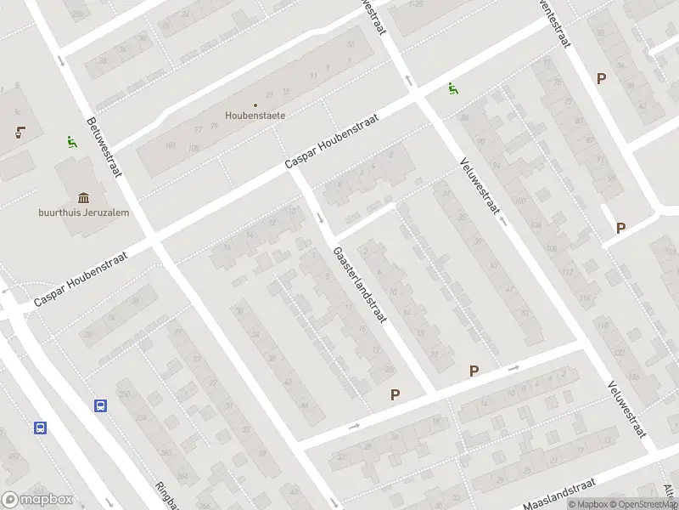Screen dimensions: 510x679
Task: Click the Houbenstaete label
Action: click(x=255, y=115)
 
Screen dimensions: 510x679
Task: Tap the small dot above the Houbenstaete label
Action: click(x=255, y=105)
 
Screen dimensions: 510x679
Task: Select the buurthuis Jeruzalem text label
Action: click(x=83, y=212)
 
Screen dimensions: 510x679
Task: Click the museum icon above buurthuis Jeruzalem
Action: click(x=83, y=197)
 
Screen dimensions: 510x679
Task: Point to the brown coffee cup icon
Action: click(x=18, y=132)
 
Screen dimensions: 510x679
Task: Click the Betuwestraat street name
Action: click(x=103, y=145)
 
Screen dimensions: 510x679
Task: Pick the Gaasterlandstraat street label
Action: click(x=361, y=286)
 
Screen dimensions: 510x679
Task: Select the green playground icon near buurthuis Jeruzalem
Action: click(x=70, y=142)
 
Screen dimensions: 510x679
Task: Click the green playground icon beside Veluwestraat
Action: click(x=453, y=88)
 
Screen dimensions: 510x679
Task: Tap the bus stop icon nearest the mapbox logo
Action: click(x=40, y=428)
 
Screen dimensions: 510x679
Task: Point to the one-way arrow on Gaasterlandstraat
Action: click(x=320, y=218)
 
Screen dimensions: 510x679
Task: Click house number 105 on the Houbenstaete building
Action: click(x=194, y=148)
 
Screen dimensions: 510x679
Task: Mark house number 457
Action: click(x=14, y=457)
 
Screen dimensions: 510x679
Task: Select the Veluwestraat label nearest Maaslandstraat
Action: click(x=626, y=409)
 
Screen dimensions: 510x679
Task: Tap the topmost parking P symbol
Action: click(x=601, y=78)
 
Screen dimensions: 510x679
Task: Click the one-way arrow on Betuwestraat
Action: click(x=61, y=59)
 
